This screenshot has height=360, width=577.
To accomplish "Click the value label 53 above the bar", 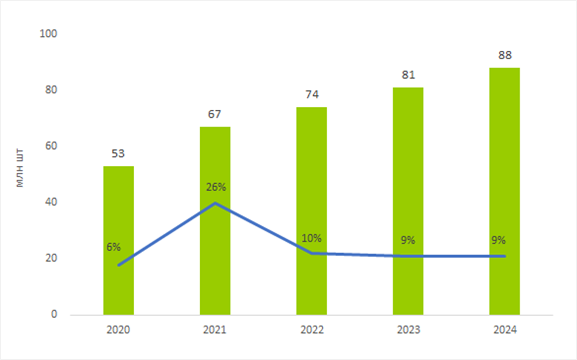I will pos(118,154).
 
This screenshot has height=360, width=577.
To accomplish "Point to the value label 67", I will pos(214,115).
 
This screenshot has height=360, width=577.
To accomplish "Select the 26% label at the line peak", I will pos(216,187).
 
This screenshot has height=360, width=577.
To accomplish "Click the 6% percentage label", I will pos(114,247).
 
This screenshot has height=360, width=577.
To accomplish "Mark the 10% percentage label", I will pos(312,239).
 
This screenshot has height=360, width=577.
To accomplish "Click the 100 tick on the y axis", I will pos(51,34).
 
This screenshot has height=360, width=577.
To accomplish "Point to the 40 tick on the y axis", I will pos(51,202).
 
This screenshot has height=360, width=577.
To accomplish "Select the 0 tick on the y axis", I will pos(55,314).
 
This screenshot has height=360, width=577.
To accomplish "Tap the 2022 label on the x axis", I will pos(311,330).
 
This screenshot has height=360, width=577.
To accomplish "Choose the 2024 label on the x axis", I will pos(505,330).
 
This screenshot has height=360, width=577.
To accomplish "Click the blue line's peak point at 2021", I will pos(215,203).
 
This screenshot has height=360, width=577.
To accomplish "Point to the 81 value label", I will pos(408,75).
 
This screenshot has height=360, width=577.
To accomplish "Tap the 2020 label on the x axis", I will pos(119,330).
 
